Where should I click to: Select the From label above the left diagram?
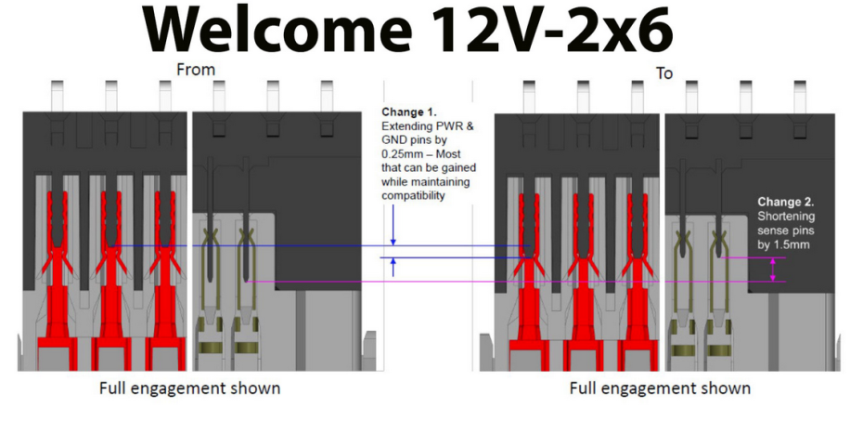click(x=196, y=70)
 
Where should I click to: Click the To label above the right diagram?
click(x=664, y=73)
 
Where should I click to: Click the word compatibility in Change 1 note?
click(x=413, y=195)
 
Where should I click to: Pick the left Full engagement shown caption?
click(x=189, y=388)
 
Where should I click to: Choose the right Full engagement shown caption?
click(x=660, y=388)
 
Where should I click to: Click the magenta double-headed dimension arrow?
click(x=772, y=270)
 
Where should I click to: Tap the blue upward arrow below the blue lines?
click(x=393, y=268)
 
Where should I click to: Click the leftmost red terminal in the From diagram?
click(x=57, y=280)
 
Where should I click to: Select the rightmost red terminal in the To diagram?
click(x=638, y=281)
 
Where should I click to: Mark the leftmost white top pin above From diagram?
click(x=58, y=96)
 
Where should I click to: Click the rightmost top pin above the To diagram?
click(x=800, y=97)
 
